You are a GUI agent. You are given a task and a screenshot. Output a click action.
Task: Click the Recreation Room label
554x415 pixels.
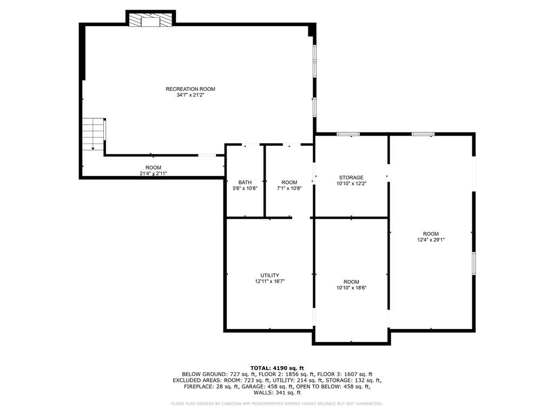click(x=186, y=89)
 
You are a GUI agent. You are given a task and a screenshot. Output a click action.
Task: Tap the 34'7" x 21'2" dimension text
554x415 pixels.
click(x=186, y=95)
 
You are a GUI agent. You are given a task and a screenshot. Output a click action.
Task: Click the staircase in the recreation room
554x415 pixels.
click(x=93, y=133)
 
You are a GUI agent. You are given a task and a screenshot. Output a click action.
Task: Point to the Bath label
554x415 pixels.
click(x=244, y=182)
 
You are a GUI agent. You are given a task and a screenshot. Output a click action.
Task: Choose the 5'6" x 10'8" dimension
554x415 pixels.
click(x=244, y=189)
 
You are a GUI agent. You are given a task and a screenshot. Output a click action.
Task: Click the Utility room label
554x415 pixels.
click(x=270, y=275)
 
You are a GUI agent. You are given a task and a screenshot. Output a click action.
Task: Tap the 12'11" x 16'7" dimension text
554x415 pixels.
click(x=270, y=282)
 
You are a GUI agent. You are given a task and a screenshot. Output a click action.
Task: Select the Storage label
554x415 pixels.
click(x=351, y=177)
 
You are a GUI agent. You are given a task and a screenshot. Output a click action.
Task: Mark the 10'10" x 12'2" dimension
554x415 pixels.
click(x=351, y=184)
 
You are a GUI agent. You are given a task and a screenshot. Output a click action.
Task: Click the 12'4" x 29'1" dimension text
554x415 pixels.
click(x=431, y=240)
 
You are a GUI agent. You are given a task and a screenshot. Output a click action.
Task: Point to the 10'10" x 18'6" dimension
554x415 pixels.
click(x=351, y=288)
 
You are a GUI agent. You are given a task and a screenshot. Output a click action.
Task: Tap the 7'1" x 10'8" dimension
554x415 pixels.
click(x=289, y=189)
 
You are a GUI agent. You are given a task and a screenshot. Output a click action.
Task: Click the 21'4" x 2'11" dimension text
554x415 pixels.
click(x=153, y=173)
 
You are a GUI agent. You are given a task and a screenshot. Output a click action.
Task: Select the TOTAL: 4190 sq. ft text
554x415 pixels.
click(x=277, y=368)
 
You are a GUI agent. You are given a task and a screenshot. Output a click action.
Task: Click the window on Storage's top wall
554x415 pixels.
click(x=348, y=134)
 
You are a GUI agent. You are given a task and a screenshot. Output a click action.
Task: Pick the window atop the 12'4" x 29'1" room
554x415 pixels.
click(x=423, y=134)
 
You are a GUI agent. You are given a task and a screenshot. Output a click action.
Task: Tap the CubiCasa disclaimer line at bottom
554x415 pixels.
click(x=277, y=404)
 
